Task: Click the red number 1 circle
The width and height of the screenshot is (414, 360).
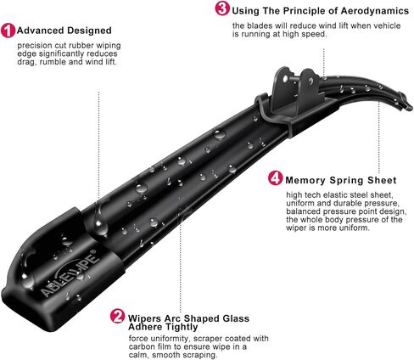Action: (x=8, y=31)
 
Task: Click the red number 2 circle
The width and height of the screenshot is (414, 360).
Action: (x=118, y=318)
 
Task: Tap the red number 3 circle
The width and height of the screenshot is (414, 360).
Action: (x=222, y=9)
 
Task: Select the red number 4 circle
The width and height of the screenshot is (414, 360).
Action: (x=275, y=178)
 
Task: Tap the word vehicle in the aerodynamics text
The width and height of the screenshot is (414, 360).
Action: (x=377, y=25)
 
